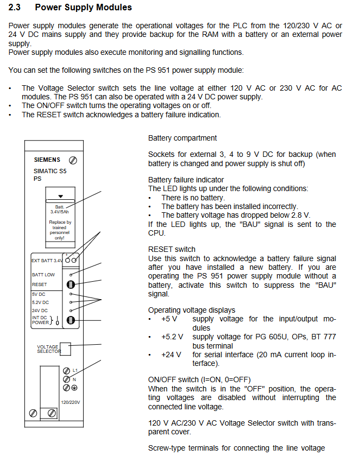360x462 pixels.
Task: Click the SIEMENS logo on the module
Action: tap(47, 160)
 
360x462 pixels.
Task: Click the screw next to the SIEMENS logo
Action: tap(73, 161)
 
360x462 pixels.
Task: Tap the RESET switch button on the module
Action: tap(70, 283)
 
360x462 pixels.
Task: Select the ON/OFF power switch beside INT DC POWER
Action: tap(70, 320)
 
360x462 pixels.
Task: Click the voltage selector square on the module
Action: tap(65, 348)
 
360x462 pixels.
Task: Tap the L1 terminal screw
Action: tap(66, 371)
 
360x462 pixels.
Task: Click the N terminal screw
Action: tap(66, 379)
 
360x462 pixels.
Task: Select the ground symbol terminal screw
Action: tap(66, 388)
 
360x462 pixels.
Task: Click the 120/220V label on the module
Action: tap(70, 402)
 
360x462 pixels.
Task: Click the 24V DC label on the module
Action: tap(41, 311)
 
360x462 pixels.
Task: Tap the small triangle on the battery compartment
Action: tap(61, 196)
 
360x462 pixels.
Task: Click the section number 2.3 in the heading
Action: tap(15, 8)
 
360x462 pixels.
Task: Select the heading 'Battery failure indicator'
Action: tap(186, 180)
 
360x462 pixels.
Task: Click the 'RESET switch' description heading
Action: tap(172, 249)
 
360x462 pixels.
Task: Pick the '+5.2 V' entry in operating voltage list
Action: tap(172, 337)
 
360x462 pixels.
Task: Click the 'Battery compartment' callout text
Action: tap(182, 138)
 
